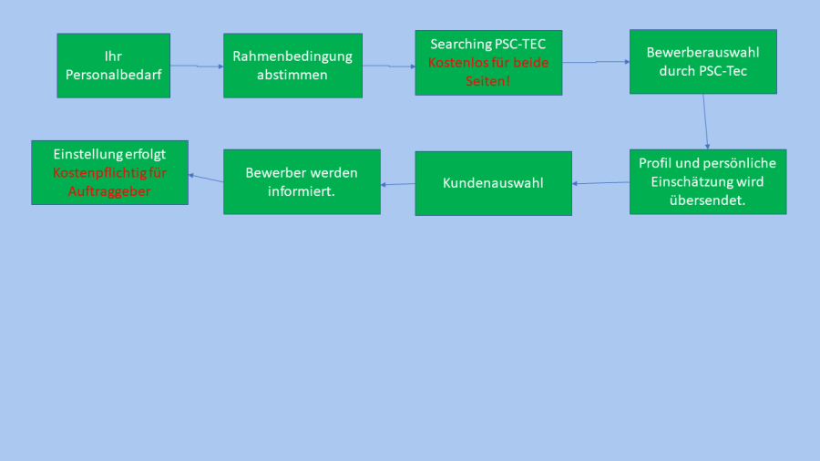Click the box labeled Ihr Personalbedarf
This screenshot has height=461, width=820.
pos(113,66)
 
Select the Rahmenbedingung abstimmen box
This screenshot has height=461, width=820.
pos(292,66)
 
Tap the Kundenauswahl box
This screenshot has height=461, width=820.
pos(493,183)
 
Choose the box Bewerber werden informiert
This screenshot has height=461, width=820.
pos(302,181)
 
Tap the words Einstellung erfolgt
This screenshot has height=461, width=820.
pos(109,154)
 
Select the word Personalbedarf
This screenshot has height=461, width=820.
pos(114,75)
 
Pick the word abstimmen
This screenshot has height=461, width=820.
pos(292,75)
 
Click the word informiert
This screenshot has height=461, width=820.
pos(302,190)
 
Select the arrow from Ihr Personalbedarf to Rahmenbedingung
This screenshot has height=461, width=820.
pos(197,66)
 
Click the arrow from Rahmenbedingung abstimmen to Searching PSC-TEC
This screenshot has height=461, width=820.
pos(389,66)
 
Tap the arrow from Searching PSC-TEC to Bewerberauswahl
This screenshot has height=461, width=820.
pos(596,62)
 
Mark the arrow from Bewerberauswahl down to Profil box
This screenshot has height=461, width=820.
pos(705,121)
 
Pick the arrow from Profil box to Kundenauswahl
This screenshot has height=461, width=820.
pos(600,183)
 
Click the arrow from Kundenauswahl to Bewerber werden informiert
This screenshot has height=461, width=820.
pos(398,184)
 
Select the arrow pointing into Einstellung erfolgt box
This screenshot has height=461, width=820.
pos(206,178)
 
